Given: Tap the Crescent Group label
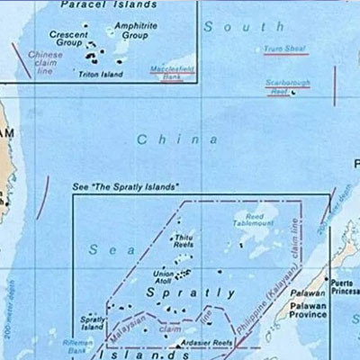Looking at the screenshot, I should pyautogui.click(x=68, y=39).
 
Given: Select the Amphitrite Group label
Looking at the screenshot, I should pyautogui.click(x=135, y=31).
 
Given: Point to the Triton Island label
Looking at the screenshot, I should pyautogui.click(x=100, y=74).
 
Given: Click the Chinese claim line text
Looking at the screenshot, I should pyautogui.click(x=45, y=60).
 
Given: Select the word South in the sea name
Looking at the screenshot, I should pyautogui.click(x=231, y=27).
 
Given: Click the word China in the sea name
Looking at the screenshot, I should pyautogui.click(x=177, y=139).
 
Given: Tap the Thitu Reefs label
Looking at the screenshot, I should pyautogui.click(x=184, y=240).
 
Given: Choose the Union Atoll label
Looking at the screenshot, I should pyautogui.click(x=164, y=277).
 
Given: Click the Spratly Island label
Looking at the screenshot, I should pyautogui.click(x=93, y=322).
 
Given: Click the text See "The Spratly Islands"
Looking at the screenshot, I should pyautogui.click(x=125, y=186).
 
